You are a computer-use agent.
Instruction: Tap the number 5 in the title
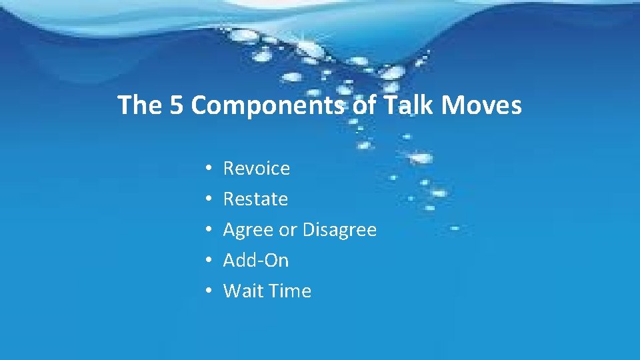[177, 105]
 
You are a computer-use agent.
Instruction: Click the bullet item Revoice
[257, 169]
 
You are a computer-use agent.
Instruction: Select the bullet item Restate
[255, 199]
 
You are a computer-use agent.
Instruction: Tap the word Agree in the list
[249, 231]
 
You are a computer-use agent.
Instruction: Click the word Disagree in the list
[339, 230]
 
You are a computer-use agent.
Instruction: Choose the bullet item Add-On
[256, 261]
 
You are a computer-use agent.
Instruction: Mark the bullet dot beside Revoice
[209, 169]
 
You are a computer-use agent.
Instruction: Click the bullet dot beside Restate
[209, 200]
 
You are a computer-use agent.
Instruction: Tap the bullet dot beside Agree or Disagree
[209, 231]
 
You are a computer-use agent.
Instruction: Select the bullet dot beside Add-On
[209, 261]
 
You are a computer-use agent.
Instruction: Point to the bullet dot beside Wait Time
[209, 292]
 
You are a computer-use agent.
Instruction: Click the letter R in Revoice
[229, 169]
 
